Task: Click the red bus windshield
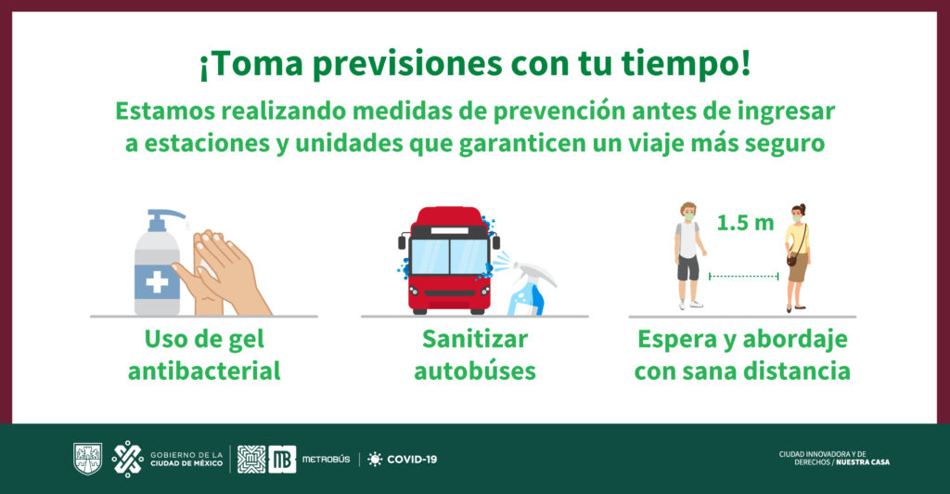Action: point(450,255)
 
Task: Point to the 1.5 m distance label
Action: point(745,223)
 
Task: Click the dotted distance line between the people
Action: point(743,277)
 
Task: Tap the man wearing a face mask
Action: point(689,255)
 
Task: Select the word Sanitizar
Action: point(474,339)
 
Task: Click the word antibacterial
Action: point(204,370)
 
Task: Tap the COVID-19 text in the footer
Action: point(412,460)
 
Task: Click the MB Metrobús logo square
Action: point(282,459)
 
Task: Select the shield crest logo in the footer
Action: point(88,458)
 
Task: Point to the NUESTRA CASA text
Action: point(863,461)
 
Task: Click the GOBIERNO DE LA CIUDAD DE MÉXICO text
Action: point(186,459)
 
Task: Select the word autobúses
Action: point(475,370)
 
